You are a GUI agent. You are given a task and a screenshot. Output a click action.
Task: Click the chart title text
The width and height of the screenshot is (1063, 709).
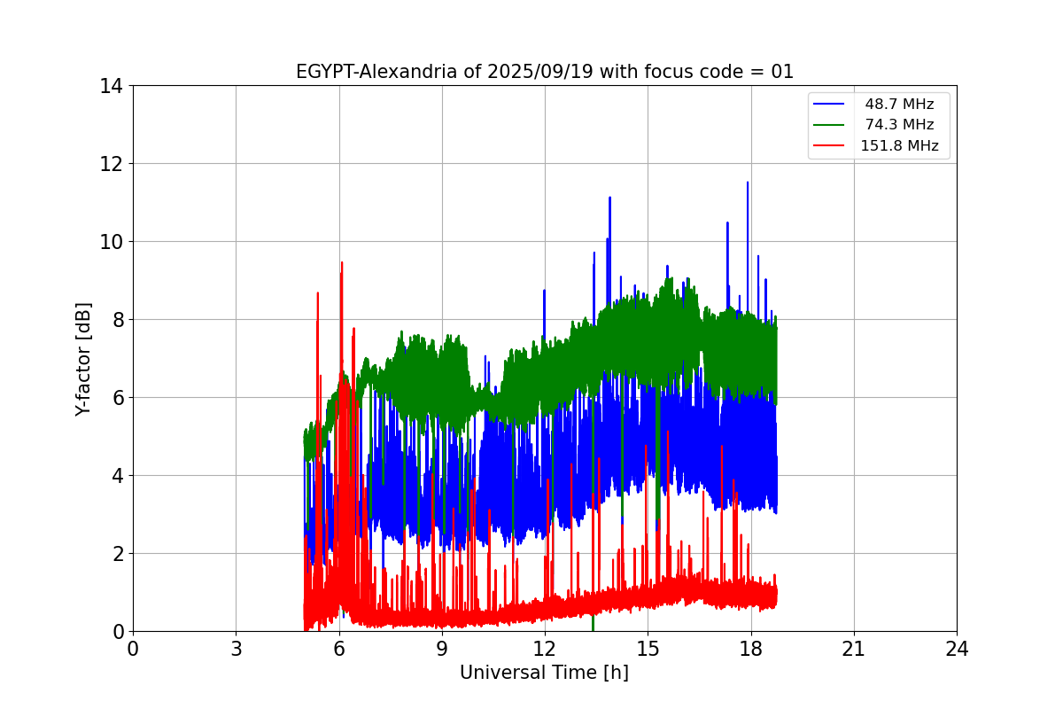544,72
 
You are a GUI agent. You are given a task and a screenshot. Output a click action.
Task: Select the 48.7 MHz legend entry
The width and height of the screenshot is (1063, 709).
899,105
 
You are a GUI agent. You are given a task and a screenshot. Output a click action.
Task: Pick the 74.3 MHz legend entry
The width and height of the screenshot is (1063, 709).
899,125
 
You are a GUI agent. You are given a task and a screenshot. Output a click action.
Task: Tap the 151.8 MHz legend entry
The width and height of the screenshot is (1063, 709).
899,146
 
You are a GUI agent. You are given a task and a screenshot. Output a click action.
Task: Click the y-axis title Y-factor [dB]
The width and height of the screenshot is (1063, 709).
83,358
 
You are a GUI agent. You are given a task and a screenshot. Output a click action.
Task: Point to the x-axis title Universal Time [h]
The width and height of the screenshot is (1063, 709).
544,673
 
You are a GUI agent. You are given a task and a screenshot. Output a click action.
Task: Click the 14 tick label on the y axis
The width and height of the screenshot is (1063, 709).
111,86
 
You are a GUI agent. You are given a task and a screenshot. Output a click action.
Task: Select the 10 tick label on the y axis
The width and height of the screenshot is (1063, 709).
111,242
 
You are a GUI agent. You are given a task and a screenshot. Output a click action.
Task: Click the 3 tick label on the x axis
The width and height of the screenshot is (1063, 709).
236,649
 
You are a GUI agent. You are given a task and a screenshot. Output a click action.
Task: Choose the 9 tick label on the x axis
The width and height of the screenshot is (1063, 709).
442,649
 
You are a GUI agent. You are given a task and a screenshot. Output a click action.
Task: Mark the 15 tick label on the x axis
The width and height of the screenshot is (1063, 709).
648,649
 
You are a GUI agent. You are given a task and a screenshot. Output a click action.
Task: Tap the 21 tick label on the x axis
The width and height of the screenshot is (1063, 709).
854,649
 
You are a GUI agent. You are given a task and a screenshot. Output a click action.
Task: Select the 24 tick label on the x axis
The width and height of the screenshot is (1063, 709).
957,649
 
